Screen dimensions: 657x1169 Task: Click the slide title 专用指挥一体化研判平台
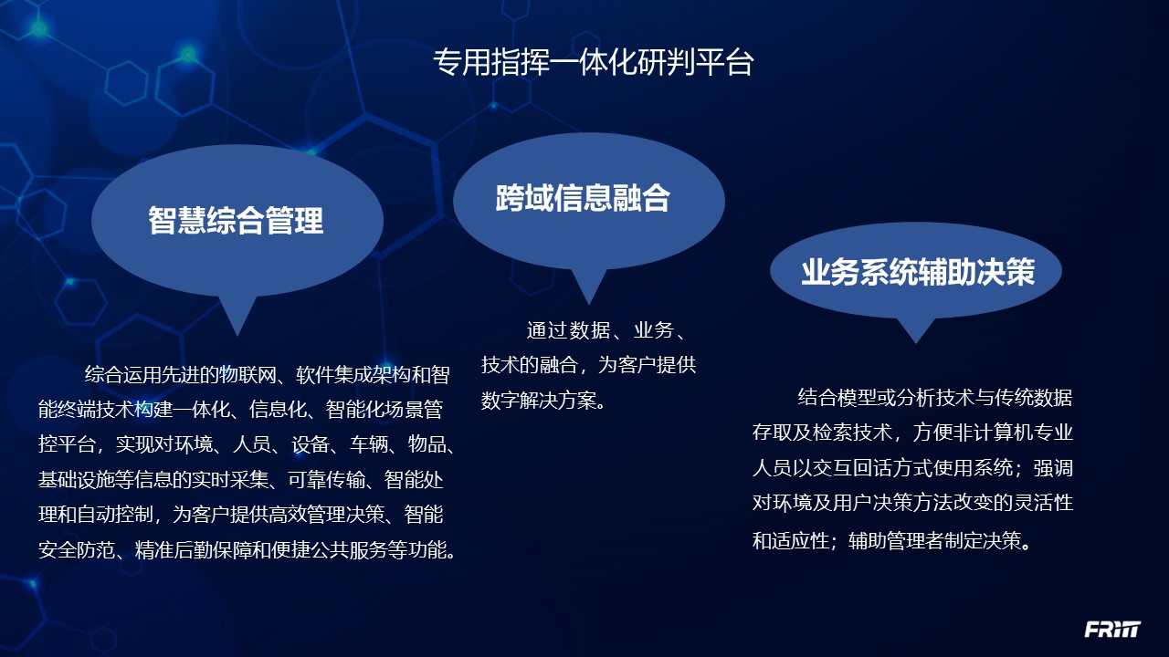tap(593, 62)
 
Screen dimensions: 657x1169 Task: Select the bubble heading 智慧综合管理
tap(237, 220)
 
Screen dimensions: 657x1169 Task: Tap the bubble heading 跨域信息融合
tap(584, 197)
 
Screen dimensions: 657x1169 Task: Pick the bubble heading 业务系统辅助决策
tap(917, 272)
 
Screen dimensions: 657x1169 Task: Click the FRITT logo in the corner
tap(1112, 630)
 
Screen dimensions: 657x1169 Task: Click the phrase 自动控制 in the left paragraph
tap(120, 516)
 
